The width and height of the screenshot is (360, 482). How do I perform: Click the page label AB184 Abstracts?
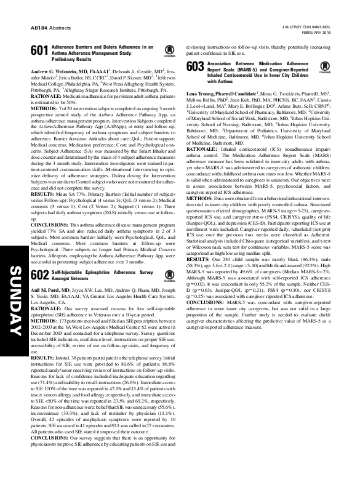point(46,28)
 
